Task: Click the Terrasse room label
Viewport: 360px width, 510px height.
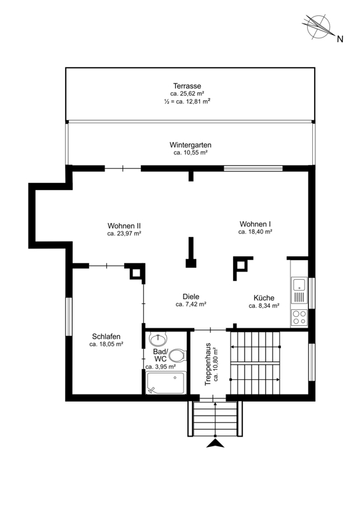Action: pos(187,86)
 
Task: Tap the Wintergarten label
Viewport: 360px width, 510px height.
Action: pos(191,145)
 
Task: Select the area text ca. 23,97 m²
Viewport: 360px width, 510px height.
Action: pos(124,233)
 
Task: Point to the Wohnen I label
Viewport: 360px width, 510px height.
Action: pos(256,224)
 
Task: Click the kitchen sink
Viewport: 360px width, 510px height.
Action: pos(299,289)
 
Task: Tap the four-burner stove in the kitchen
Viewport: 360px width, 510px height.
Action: pos(299,317)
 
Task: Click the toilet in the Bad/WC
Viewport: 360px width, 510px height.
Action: pos(177,355)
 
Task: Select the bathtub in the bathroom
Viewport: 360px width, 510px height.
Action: pos(166,383)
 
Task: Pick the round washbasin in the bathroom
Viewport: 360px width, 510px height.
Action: pos(158,339)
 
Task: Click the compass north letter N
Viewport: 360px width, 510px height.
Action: pos(340,39)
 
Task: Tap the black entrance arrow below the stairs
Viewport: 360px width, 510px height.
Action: pos(215,443)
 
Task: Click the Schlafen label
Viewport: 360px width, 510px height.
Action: pos(106,337)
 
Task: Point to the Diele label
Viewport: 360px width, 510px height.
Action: pos(191,296)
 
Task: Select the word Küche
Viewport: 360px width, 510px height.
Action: pos(264,298)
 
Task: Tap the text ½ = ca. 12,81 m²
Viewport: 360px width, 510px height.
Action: pos(187,101)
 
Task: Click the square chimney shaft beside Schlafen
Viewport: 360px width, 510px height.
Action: pos(136,272)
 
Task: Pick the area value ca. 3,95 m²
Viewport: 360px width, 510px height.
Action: pos(161,367)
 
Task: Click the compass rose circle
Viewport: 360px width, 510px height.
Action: pos(319,27)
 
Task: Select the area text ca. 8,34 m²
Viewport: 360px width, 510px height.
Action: pos(264,306)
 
